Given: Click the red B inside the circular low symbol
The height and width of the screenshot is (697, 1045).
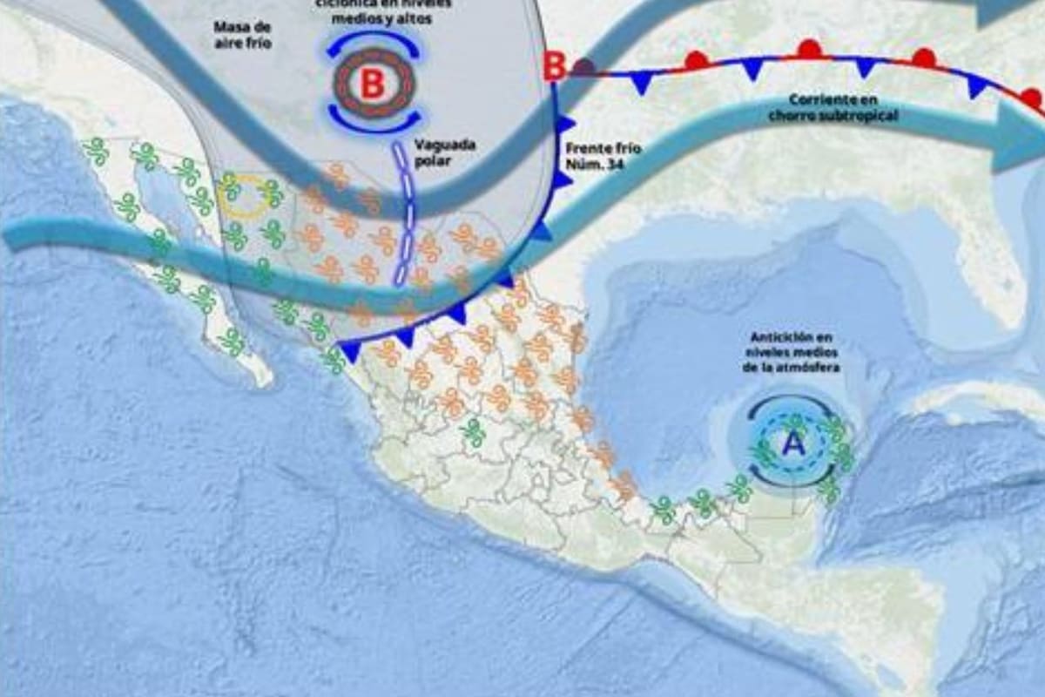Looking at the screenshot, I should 372,85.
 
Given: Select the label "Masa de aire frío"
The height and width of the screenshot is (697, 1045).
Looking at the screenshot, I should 243,34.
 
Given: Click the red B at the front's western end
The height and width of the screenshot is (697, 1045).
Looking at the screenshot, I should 555,66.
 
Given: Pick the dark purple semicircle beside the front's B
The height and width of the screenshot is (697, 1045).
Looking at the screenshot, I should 584,65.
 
